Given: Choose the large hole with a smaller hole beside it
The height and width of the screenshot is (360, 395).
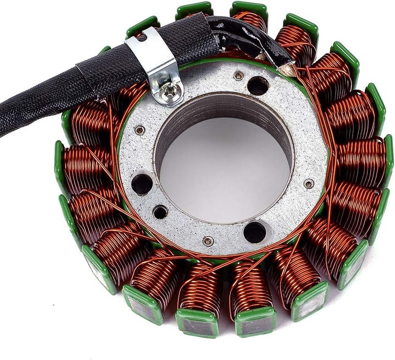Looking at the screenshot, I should tap(142, 184).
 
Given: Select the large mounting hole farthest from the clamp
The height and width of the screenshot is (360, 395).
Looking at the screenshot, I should tap(255, 232).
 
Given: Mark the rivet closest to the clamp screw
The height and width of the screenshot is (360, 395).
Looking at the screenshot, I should tap(140, 130).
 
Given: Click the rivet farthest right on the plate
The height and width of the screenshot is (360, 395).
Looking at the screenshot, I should tap(309, 184).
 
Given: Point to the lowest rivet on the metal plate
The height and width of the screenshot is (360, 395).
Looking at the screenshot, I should tap(208, 241).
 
